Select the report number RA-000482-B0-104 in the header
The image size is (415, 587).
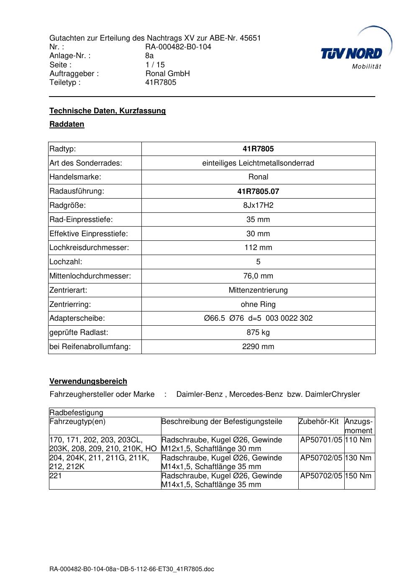coord(178,47)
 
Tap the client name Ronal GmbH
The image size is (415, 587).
coord(167,74)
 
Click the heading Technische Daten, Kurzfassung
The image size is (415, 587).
coord(108,111)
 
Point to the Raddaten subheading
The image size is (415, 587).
coord(67,124)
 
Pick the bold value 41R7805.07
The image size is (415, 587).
coord(258,191)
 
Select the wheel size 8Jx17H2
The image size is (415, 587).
coord(258,205)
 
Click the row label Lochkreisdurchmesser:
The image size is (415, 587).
coord(89,248)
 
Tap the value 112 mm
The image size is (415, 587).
coord(258,248)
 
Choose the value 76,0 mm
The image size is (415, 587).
coord(258,276)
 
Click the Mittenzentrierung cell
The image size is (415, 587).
coord(258,290)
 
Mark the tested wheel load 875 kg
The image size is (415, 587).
coord(258,332)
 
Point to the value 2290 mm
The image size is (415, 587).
coord(258,347)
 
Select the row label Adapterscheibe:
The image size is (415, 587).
coord(77,318)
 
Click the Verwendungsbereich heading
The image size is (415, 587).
coord(88,381)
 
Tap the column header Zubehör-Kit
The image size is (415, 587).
coord(318,421)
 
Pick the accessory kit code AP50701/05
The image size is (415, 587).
coord(321,439)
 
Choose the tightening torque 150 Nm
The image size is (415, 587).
coord(358,476)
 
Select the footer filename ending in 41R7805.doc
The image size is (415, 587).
coord(132,569)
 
